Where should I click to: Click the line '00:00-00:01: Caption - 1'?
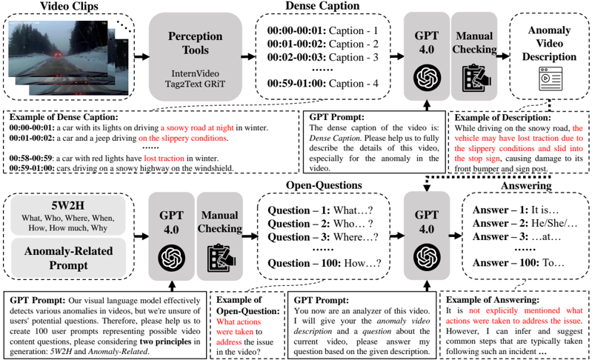coord(318,32)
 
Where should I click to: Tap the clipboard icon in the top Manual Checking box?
coord(472,77)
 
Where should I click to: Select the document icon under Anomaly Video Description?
coord(548,76)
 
